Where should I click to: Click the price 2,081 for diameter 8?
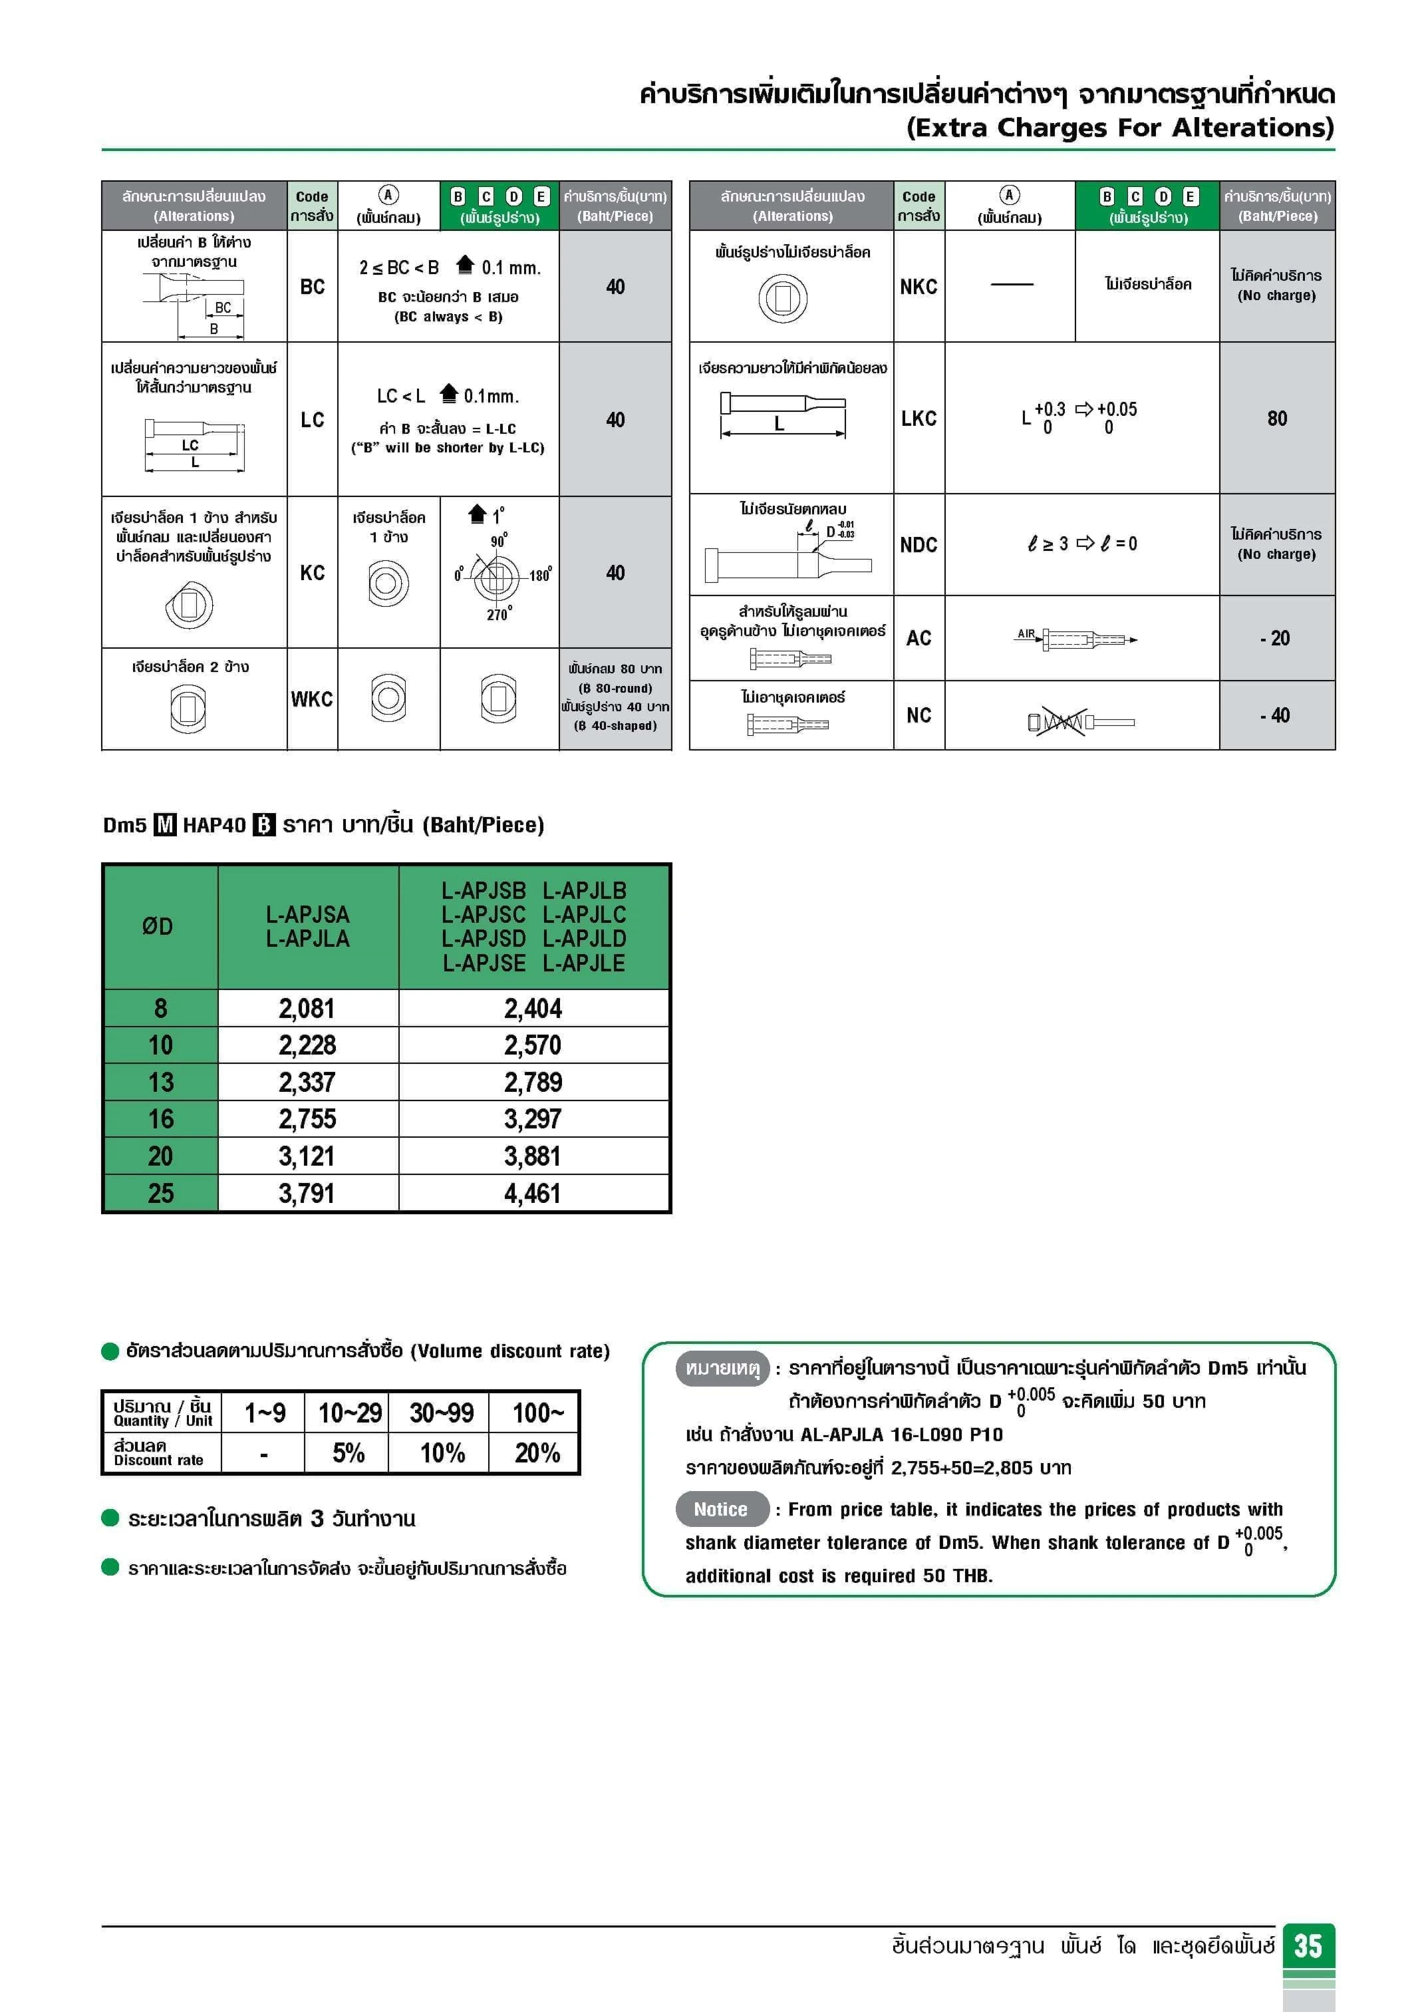(x=307, y=1009)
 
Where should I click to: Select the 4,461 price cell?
(x=533, y=1194)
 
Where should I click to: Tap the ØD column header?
(x=158, y=926)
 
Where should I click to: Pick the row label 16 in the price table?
(x=160, y=1119)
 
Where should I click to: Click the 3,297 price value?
(x=533, y=1119)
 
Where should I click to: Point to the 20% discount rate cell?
(x=537, y=1453)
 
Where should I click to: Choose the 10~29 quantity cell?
(x=350, y=1413)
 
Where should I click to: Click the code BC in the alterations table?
(x=312, y=287)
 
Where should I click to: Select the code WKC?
(x=312, y=699)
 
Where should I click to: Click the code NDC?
(x=918, y=544)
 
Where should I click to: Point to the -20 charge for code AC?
(x=1276, y=638)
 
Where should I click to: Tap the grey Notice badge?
(x=721, y=1509)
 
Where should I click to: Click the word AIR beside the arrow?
(x=1026, y=633)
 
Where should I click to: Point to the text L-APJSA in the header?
(x=307, y=914)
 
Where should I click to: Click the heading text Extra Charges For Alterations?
(x=1119, y=128)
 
